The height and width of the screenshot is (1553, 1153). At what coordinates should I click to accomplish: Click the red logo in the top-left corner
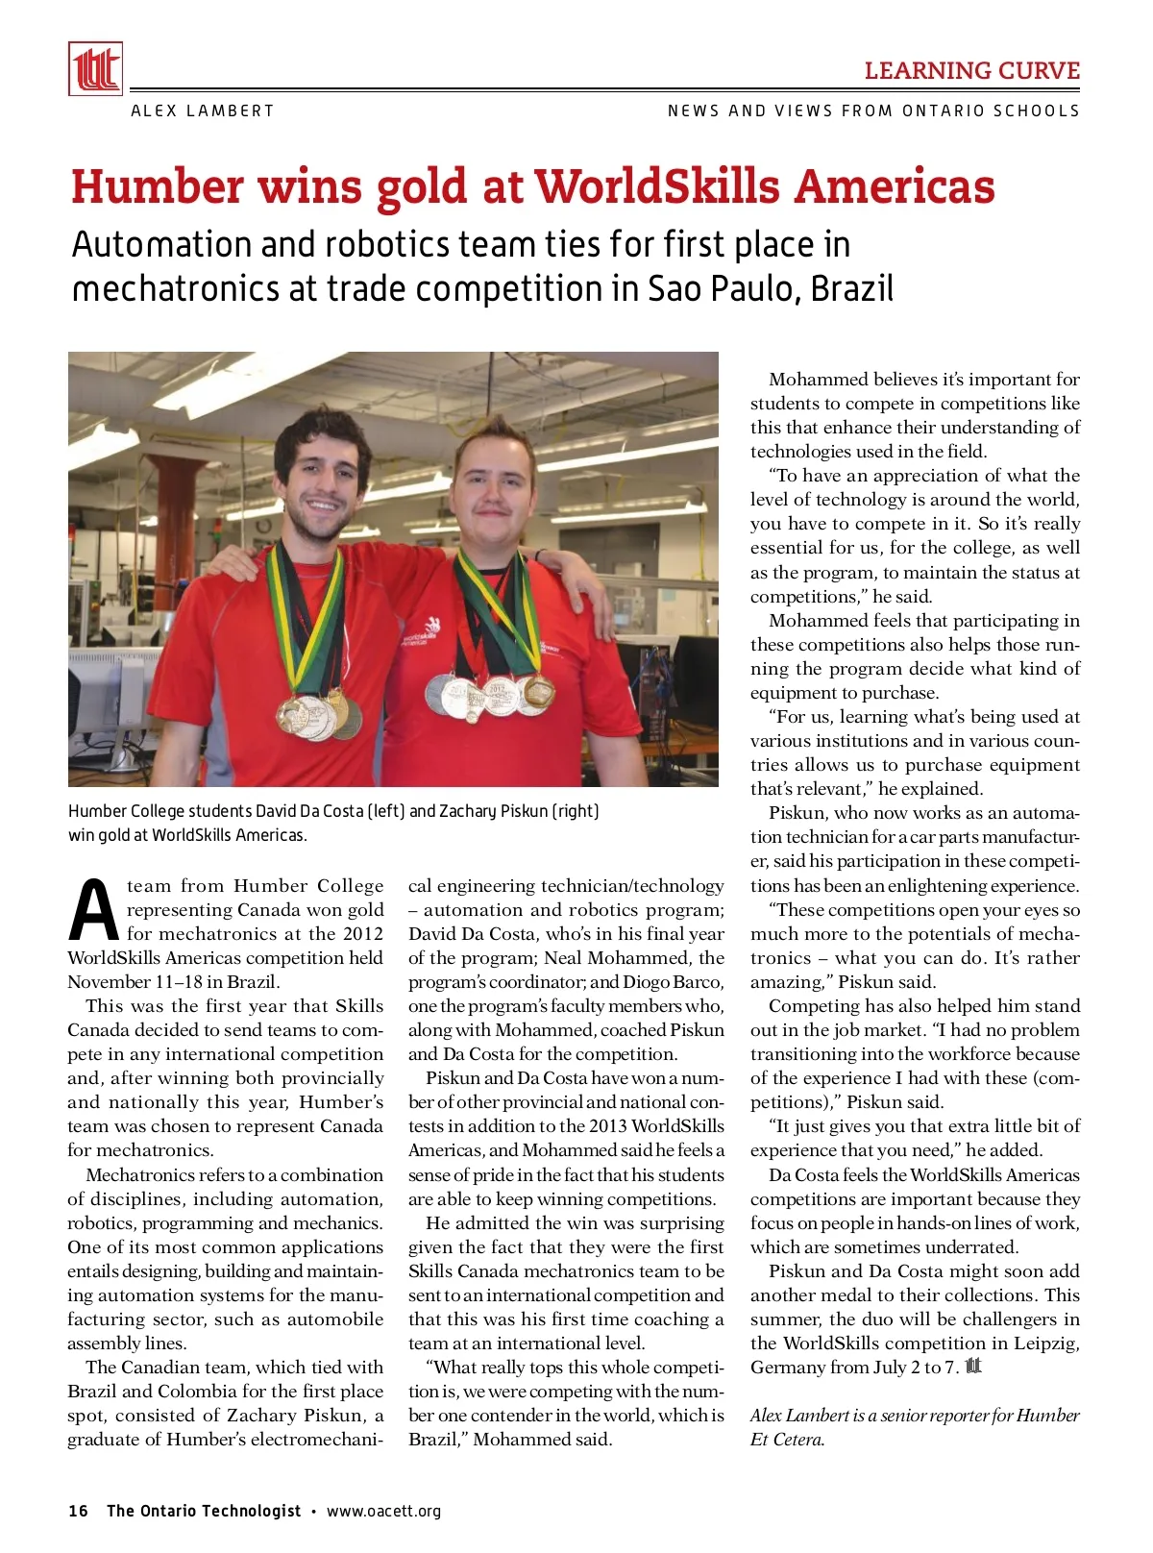tap(95, 69)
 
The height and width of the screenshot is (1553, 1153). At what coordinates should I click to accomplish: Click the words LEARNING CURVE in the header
tap(971, 71)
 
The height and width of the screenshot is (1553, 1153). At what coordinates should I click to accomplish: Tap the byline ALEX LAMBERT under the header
tap(202, 111)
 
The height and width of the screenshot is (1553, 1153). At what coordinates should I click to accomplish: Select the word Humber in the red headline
tap(157, 186)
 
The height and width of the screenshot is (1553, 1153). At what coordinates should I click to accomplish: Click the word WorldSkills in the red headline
tap(657, 186)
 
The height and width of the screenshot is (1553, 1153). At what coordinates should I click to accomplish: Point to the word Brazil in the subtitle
tap(852, 288)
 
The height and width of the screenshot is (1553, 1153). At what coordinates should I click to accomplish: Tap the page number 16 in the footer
tap(78, 1511)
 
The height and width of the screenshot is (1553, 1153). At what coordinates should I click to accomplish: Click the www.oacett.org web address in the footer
tap(383, 1511)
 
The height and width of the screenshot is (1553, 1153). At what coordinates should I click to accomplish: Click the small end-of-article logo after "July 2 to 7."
tap(973, 1366)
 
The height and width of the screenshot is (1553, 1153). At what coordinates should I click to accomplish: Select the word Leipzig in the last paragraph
tap(1044, 1343)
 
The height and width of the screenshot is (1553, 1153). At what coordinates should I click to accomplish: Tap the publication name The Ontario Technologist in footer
tap(204, 1511)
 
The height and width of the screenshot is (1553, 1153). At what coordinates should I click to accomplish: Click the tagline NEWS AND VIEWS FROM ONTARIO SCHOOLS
tap(873, 111)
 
